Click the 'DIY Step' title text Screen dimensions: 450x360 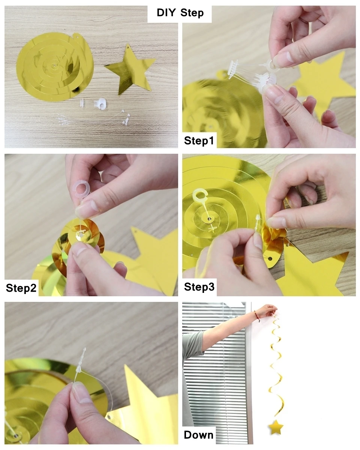click(180, 13)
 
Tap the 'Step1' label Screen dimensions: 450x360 click(199, 141)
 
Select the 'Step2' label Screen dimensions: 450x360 click(21, 288)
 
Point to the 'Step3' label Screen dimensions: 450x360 click(199, 287)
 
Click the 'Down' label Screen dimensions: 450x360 click(198, 435)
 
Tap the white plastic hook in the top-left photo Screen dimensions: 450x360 click(101, 103)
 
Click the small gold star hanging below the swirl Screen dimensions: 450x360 click(276, 427)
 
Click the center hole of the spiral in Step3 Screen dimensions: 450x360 click(208, 217)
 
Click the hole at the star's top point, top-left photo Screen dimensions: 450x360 click(127, 47)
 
